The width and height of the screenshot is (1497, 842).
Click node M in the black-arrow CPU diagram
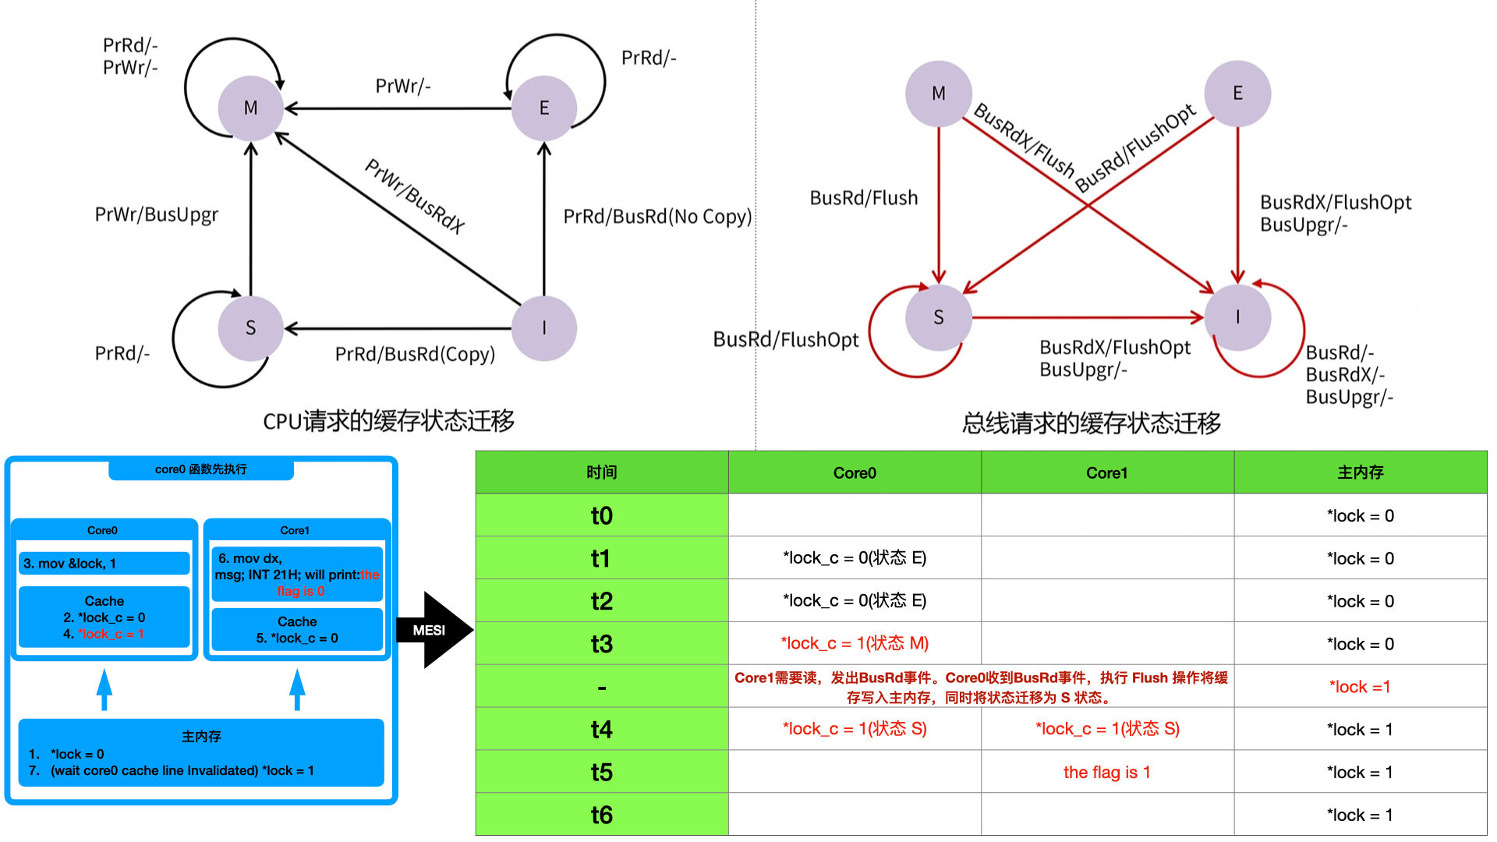250,108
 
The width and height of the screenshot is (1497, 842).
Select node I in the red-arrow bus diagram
1237,317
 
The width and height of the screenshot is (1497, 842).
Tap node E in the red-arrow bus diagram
1237,94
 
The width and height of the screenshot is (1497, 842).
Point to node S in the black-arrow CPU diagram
250,327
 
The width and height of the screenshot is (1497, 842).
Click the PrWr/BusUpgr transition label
156,214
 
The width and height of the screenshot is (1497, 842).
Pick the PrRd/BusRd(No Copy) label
657,216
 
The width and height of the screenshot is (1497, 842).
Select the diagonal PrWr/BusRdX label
415,196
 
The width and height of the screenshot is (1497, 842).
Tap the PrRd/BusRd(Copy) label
415,354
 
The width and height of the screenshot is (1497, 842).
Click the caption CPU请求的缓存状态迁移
388,421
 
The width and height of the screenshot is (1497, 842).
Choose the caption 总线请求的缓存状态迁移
1091,423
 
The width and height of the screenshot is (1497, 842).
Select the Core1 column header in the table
1106,472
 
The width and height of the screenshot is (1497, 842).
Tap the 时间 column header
601,472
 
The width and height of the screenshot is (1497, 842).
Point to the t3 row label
601,644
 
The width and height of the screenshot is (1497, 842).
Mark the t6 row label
601,815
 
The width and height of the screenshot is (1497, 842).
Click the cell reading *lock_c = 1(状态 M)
855,643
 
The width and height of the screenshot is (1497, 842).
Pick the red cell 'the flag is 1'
1106,772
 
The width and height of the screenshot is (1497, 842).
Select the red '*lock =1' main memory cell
1360,687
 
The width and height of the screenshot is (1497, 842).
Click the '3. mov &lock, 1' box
104,563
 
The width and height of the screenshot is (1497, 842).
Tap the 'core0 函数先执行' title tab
200,469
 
